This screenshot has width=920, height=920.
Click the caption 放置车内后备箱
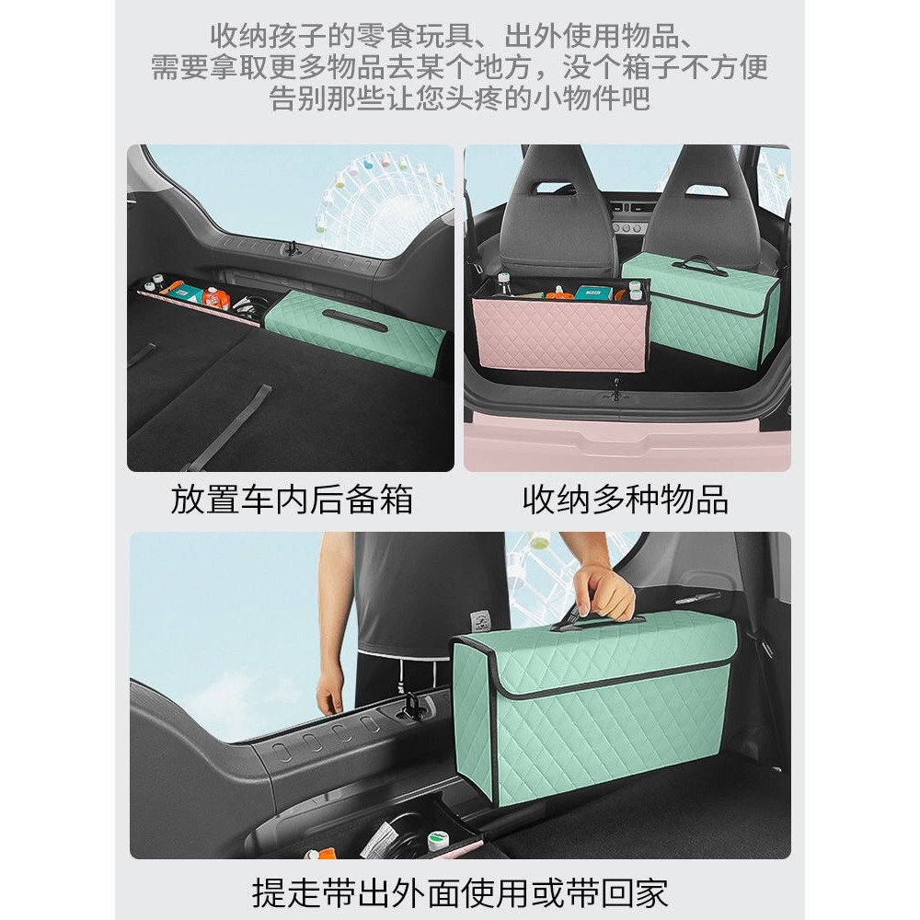point(292,500)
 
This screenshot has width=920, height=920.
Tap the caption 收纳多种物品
point(626,500)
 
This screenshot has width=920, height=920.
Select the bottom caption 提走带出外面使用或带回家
point(460,892)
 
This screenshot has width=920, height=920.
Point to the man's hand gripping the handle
point(604,593)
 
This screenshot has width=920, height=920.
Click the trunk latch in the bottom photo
point(410,707)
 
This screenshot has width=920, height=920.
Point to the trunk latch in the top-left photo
point(292,249)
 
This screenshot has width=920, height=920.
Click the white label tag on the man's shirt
point(480,621)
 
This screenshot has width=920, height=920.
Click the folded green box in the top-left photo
point(354,330)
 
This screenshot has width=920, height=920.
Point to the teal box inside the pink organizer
point(593,293)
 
